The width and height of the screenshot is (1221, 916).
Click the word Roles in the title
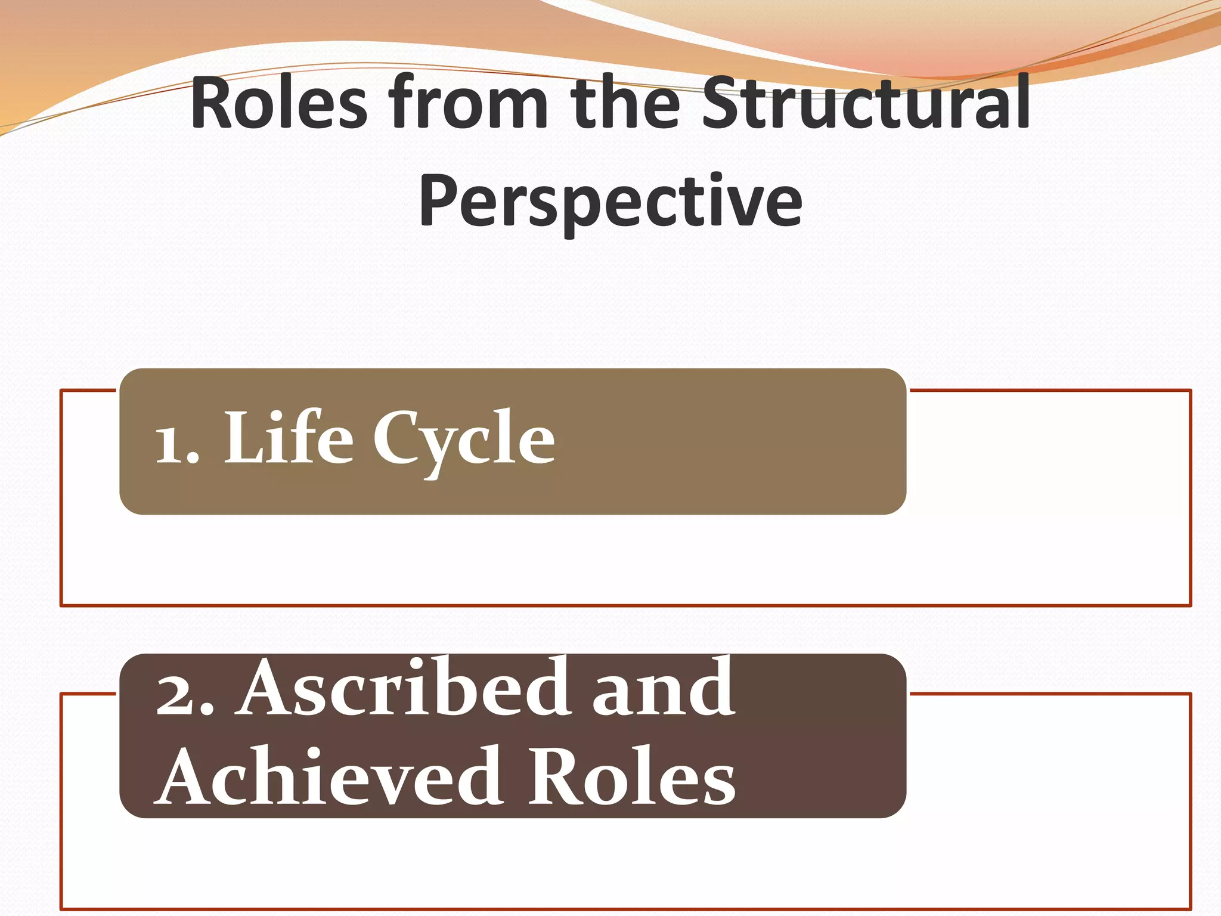279,103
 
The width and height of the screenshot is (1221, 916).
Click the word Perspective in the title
610,201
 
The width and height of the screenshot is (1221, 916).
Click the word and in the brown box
663,692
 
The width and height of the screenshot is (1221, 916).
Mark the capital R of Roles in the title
212,103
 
